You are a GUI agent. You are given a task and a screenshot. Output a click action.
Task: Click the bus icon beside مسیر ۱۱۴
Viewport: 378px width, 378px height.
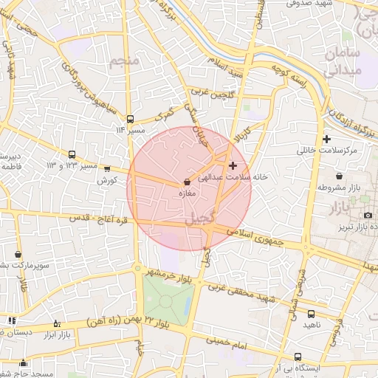(131, 118)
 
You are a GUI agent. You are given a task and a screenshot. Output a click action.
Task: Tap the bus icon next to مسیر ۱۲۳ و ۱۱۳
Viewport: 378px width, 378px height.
(72, 155)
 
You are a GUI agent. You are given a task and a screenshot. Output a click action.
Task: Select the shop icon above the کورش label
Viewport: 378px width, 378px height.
(108, 169)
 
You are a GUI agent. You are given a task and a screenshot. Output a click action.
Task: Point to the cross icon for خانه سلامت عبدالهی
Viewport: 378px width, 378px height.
(233, 165)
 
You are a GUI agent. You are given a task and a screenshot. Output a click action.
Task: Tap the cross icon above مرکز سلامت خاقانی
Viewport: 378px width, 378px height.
(326, 139)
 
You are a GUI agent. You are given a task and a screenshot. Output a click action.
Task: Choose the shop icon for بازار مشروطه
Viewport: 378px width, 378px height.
(339, 176)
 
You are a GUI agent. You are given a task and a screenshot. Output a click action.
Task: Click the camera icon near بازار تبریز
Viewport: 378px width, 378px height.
(368, 215)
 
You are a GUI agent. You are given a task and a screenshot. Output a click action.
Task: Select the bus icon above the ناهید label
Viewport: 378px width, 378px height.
(310, 313)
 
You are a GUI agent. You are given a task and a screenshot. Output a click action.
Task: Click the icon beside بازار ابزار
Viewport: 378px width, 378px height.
(57, 323)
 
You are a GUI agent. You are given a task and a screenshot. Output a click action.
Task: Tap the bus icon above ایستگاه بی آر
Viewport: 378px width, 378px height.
(298, 356)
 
